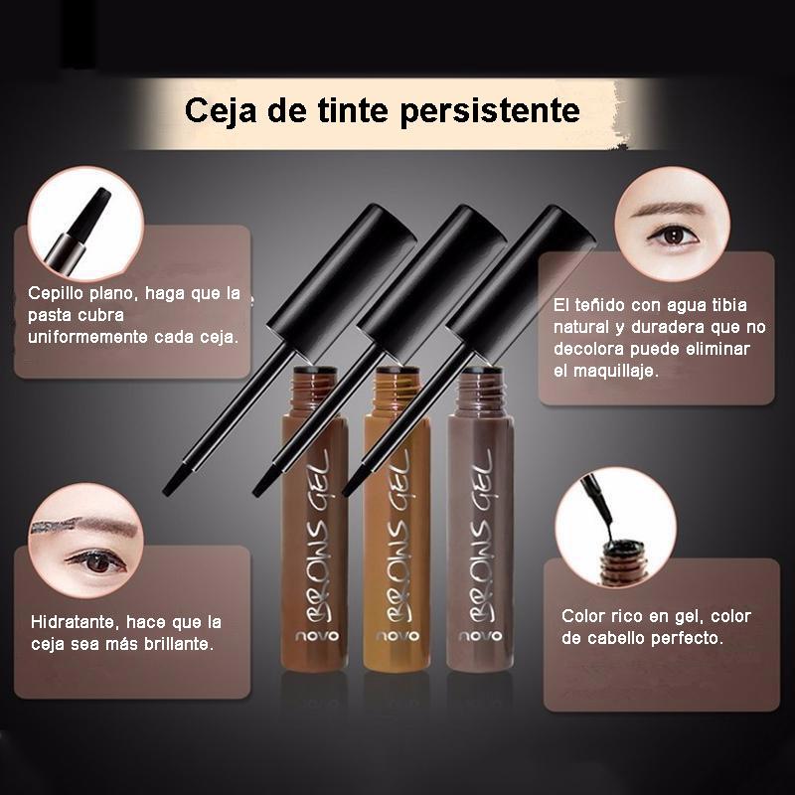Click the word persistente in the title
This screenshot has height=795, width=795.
[490, 110]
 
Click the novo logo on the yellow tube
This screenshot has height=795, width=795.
[397, 636]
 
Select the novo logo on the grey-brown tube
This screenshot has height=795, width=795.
[480, 636]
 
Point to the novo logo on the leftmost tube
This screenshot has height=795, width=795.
[317, 636]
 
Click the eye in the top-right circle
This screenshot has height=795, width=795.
[673, 235]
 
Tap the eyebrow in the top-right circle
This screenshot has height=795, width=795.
[669, 209]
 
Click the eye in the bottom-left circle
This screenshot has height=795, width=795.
[94, 561]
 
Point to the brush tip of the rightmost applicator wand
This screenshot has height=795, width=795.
[353, 483]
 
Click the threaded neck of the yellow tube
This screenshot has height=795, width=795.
[397, 391]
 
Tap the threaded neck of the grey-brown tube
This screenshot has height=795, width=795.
[480, 391]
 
